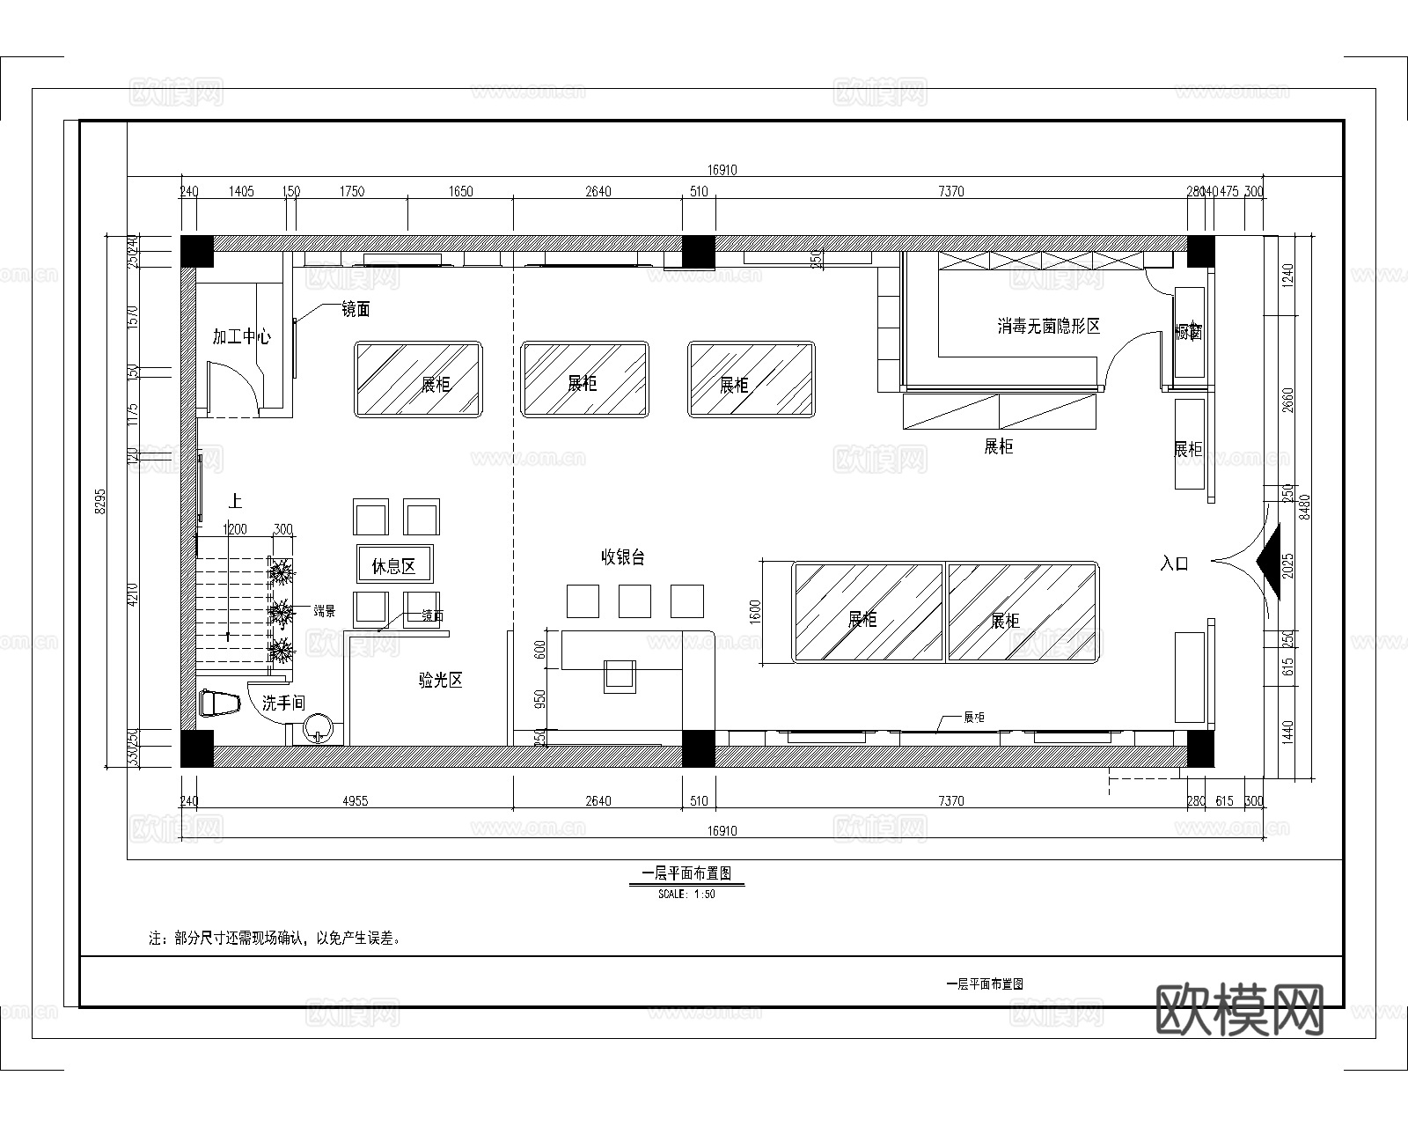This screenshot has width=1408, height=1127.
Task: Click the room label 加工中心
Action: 241,336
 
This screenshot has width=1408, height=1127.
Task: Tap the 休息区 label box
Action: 393,564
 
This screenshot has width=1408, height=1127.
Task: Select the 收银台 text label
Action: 623,557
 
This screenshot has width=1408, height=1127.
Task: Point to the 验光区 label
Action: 440,680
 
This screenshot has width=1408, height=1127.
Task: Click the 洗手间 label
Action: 283,703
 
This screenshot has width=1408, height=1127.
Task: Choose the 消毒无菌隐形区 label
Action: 1048,327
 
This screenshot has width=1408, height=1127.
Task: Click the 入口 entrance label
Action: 1174,563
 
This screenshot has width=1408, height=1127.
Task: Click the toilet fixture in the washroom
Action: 220,703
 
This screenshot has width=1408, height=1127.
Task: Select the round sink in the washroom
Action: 318,728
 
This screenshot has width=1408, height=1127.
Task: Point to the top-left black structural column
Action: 197,251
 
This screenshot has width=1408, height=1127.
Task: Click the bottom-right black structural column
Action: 1200,748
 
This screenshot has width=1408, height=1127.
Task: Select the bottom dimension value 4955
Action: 355,801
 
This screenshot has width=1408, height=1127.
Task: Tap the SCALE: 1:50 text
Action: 686,894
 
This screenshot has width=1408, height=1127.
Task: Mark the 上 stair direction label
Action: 235,502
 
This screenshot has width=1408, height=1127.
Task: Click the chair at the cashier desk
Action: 620,674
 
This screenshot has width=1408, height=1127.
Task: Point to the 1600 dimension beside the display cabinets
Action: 754,611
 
